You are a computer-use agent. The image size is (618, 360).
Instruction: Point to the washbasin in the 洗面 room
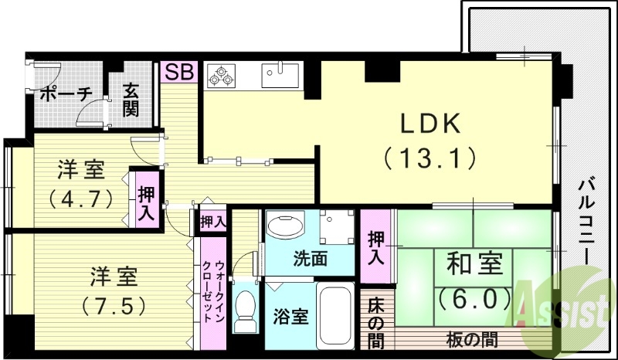click(x=285, y=229)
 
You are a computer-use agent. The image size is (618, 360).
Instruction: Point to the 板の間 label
click(x=471, y=338)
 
